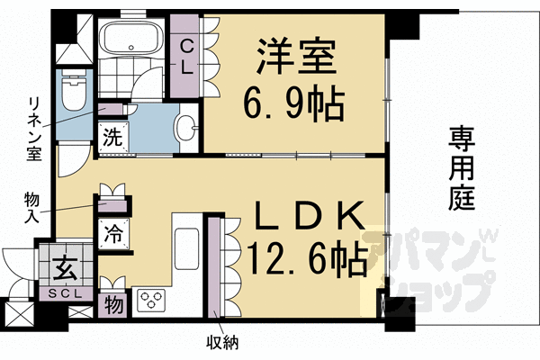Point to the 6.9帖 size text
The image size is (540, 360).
[x=293, y=105]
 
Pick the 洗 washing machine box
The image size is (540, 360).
[x=112, y=139]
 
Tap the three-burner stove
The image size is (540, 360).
[x=149, y=300]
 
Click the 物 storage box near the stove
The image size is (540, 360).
[x=114, y=303]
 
